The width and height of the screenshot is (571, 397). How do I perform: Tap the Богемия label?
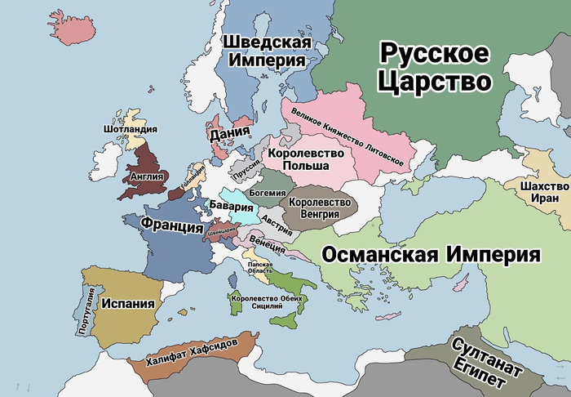(x=267, y=192)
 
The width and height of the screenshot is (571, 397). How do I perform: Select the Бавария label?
(x=225, y=206)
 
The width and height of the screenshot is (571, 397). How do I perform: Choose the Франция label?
(x=171, y=225)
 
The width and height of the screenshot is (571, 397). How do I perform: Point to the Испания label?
(x=127, y=304)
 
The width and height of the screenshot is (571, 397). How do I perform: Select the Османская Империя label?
(x=432, y=253)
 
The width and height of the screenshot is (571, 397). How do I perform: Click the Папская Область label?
(x=259, y=269)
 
